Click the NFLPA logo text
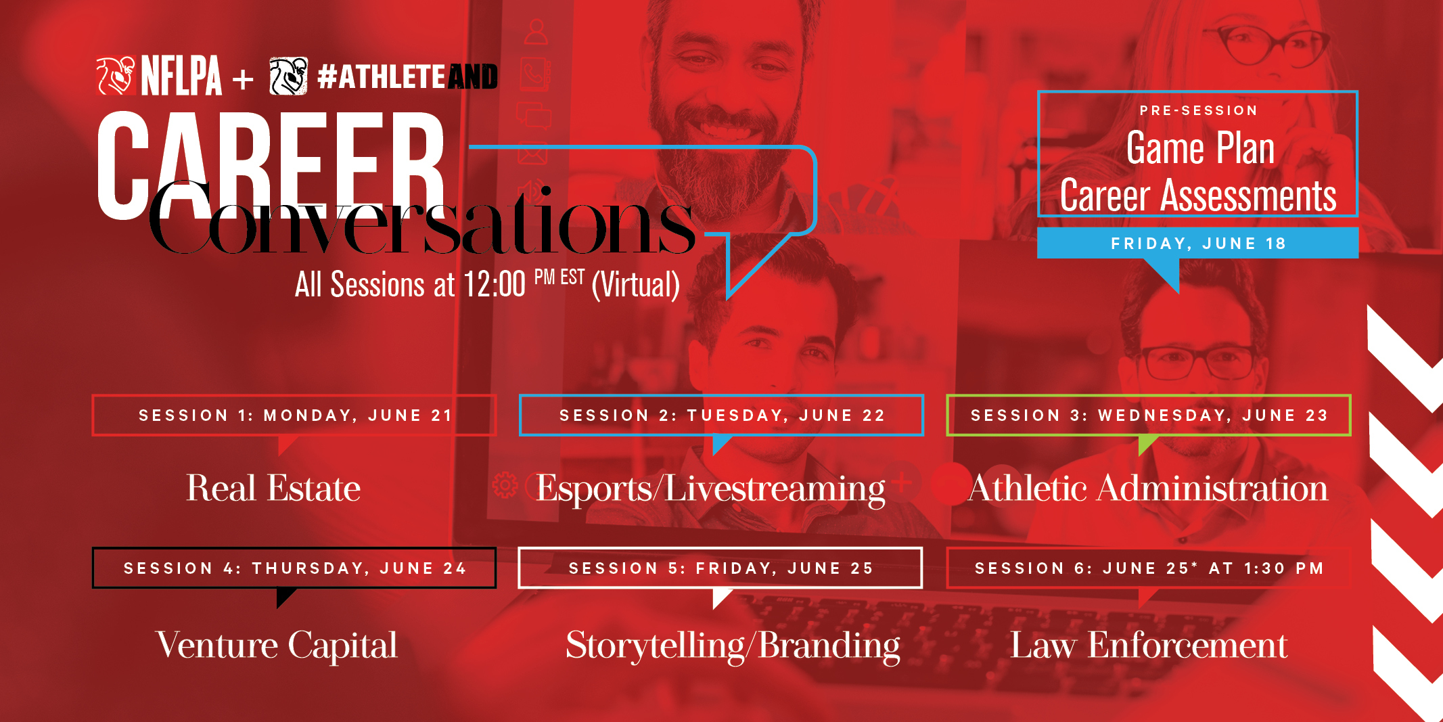181,76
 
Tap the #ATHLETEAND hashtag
407,76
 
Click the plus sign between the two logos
243,80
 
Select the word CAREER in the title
271,165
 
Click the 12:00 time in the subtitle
495,284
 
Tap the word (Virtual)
636,285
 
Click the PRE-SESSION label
1198,110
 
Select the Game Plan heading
1200,148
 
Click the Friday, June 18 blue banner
1197,243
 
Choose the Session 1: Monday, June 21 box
294,415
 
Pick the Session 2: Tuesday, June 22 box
721,415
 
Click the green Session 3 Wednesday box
1148,415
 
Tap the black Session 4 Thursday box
294,568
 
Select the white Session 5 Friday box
720,568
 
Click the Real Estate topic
273,488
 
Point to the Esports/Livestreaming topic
710,489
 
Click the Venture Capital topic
277,646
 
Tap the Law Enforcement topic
1149,645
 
